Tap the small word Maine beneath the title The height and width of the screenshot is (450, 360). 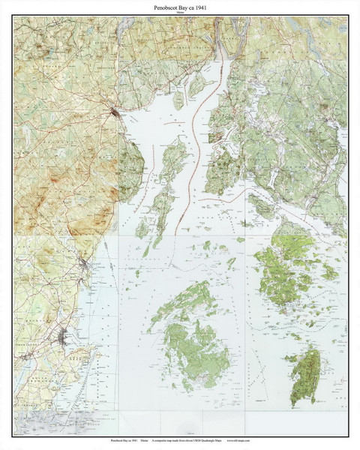click(180, 12)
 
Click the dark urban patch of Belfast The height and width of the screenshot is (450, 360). click(113, 113)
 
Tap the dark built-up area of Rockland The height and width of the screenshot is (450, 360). click(67, 338)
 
